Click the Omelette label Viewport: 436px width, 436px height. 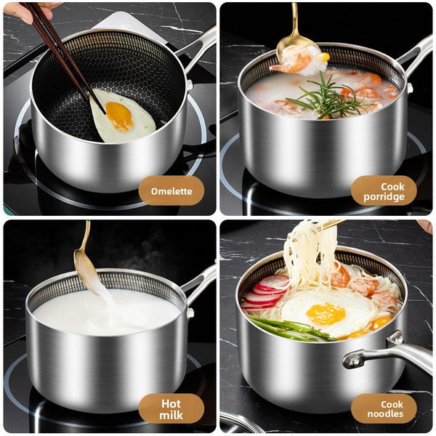pyautogui.click(x=171, y=191)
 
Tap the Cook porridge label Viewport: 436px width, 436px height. pyautogui.click(x=384, y=191)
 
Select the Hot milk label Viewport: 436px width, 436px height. pyautogui.click(x=171, y=408)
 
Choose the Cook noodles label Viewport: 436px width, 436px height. pyautogui.click(x=384, y=408)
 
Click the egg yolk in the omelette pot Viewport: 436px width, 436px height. pyautogui.click(x=119, y=115)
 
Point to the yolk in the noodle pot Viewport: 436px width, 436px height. pyautogui.click(x=326, y=313)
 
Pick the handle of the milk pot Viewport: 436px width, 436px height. pyautogui.click(x=200, y=280)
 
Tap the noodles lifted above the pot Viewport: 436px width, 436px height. pyautogui.click(x=305, y=251)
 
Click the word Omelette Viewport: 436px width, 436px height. pyautogui.click(x=171, y=191)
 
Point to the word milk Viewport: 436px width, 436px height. pyautogui.click(x=171, y=415)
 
